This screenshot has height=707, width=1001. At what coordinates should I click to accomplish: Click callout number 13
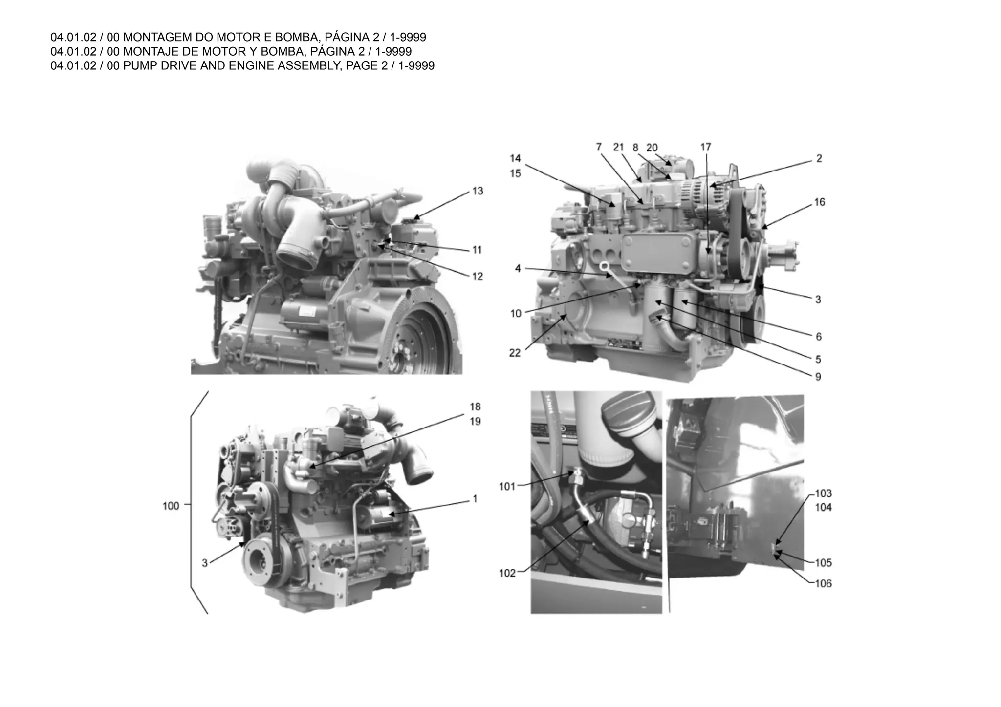pyautogui.click(x=478, y=191)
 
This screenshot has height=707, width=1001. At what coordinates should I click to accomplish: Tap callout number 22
pyautogui.click(x=515, y=353)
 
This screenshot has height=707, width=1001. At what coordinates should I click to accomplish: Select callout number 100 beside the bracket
pyautogui.click(x=171, y=506)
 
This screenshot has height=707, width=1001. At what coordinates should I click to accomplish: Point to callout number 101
pyautogui.click(x=507, y=486)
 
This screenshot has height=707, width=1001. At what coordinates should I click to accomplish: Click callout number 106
pyautogui.click(x=823, y=583)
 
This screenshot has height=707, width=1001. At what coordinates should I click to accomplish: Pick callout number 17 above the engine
pyautogui.click(x=705, y=147)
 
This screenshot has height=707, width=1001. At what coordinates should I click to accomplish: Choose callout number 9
pyautogui.click(x=818, y=377)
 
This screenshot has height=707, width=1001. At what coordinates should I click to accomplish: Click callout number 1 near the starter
pyautogui.click(x=475, y=499)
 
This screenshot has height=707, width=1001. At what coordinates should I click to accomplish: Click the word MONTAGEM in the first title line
pyautogui.click(x=157, y=37)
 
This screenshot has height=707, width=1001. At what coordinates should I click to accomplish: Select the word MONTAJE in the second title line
pyautogui.click(x=150, y=51)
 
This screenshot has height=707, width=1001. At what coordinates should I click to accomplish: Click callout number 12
pyautogui.click(x=477, y=277)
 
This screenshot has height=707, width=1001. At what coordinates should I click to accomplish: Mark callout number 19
pyautogui.click(x=475, y=421)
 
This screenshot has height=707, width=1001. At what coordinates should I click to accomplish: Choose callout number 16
pyautogui.click(x=819, y=202)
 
